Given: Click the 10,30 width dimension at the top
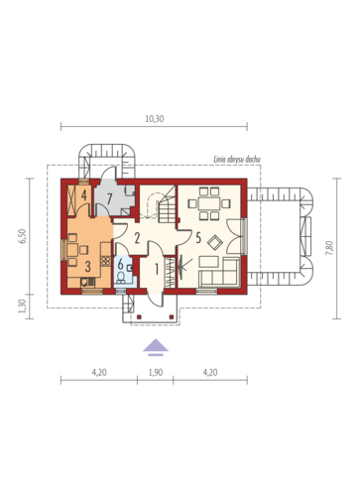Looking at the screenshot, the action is (155, 119).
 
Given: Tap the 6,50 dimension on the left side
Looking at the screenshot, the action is (23, 236).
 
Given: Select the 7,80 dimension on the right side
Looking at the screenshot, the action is (329, 248).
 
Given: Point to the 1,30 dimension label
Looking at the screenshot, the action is (22, 307).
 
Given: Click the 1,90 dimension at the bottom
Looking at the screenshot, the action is (156, 373).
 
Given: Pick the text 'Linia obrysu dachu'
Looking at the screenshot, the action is (237, 160).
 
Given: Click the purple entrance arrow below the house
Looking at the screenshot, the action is (156, 347).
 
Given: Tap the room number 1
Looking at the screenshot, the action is (157, 270).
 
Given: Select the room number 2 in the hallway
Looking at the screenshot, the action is (137, 238).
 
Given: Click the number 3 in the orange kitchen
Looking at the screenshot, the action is (87, 267).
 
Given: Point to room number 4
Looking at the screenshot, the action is (84, 195).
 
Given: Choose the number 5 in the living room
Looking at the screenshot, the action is (198, 237).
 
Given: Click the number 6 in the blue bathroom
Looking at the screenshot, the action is (120, 265).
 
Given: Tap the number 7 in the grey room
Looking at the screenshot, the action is (110, 198).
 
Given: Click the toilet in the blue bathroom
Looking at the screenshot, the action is (121, 277).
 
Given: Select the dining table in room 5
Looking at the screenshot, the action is (209, 203).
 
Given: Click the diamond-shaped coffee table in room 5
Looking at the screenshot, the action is (215, 243).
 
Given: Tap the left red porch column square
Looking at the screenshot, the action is (139, 316).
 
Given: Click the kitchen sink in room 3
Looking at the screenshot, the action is (87, 282).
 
